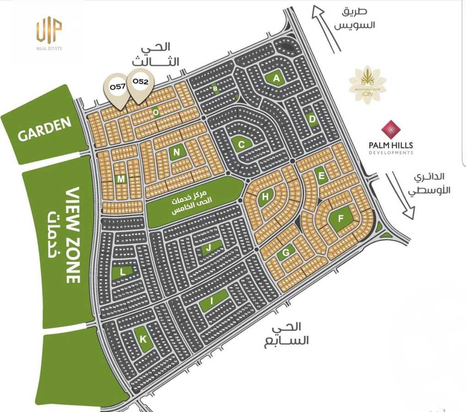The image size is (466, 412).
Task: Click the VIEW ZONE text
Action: [x=73, y=235]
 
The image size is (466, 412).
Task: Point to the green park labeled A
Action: [x=276, y=78]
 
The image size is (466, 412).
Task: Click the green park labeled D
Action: [x=313, y=120]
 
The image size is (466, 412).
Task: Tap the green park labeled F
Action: [x=341, y=218]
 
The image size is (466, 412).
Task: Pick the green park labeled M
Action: [x=120, y=179]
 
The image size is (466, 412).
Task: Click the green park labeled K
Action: [x=143, y=339]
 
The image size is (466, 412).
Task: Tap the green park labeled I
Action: [x=212, y=300]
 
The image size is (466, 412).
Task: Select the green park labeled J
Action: [x=209, y=248]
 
